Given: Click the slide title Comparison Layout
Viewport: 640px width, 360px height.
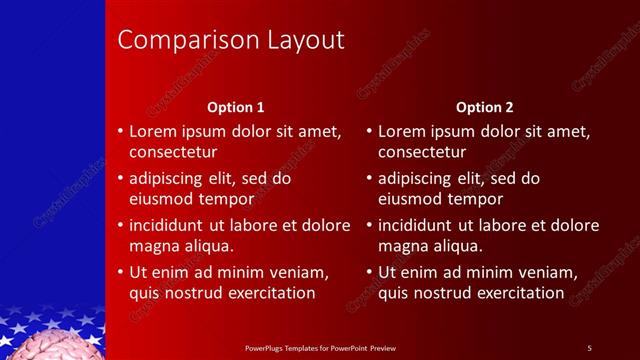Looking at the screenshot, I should coord(231,40).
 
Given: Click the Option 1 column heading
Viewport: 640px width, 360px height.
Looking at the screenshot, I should coord(236,106).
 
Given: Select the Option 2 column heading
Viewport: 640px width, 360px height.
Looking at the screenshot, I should coord(485,106).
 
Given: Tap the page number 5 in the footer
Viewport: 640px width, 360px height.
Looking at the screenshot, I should coord(589,347).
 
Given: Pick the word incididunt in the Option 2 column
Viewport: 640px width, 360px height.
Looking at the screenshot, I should coord(419,225).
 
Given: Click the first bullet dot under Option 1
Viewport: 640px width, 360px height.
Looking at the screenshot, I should coord(120,131).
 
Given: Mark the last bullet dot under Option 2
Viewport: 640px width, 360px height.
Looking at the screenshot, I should coord(369,272).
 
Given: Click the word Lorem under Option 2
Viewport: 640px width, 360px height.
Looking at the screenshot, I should coord(401,131).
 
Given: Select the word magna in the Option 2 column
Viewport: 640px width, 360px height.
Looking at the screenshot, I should coord(403,246).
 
